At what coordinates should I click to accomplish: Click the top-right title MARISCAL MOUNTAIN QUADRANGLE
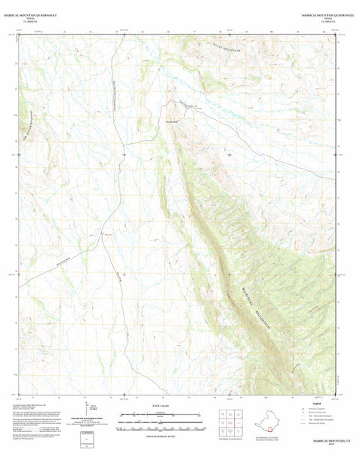323,13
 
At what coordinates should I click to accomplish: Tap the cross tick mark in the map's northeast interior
229,154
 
